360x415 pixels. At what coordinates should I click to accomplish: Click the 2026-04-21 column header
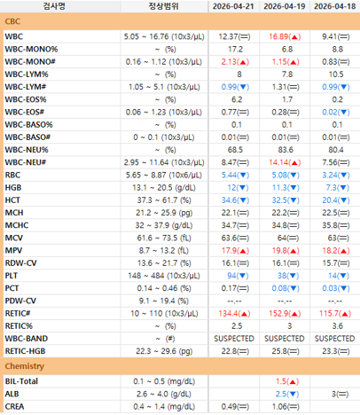point(233,6)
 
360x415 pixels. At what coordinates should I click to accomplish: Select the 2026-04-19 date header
point(285,6)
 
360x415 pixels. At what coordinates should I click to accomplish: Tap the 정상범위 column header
point(163,6)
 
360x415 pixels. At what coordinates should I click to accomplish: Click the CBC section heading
point(12,21)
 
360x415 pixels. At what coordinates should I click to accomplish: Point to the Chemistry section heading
point(25,366)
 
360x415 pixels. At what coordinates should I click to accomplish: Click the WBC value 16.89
point(278,36)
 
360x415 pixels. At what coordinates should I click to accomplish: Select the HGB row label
point(13,188)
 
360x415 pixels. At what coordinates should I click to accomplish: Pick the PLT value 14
point(333,276)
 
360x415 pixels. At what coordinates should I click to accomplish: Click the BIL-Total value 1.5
point(281,381)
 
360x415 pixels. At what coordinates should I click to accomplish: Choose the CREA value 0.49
point(229,407)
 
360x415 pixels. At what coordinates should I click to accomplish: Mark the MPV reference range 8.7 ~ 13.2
point(163,251)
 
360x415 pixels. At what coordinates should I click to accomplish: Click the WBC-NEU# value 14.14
point(278,162)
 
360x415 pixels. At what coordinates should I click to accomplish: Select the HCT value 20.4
point(329,200)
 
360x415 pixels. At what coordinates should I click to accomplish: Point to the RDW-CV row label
point(20,263)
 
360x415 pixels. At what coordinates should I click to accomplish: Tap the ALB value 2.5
point(281,394)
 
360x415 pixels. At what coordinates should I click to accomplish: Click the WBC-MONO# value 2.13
point(229,62)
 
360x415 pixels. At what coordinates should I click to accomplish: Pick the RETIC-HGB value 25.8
point(279,351)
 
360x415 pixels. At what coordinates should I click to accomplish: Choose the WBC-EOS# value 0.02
point(329,113)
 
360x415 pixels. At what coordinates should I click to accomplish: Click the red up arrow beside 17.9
point(243,251)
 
